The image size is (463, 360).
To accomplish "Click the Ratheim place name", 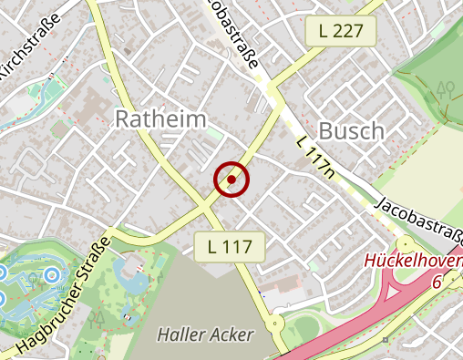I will pos(159,119).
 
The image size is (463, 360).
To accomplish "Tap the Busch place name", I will pos(351,131).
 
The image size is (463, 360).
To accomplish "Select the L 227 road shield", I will pos(340,32).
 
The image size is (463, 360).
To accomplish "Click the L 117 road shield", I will pos(230,246).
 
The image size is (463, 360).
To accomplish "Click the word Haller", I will pos(184,334).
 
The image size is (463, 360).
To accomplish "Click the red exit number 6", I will pos(437,281).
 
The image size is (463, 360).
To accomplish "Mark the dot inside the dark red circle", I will pos(231,180).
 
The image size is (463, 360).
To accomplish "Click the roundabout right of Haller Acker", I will pos(275,323).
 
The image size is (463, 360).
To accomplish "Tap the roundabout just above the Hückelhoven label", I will pos(405,244).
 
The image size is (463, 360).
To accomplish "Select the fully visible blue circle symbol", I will pos(52,273).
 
